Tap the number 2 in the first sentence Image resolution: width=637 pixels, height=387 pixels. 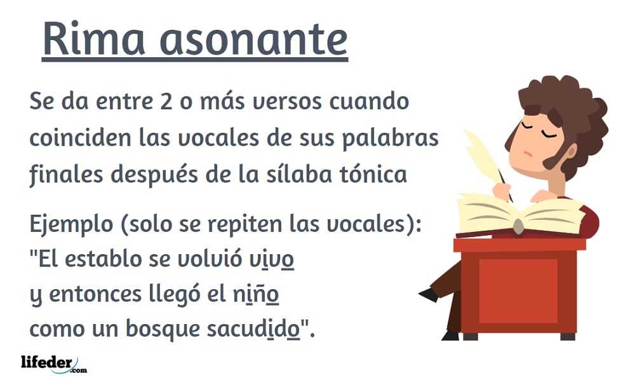pyautogui.click(x=166, y=102)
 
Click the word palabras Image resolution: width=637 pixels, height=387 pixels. pyautogui.click(x=390, y=139)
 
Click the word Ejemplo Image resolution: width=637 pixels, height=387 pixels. pyautogui.click(x=72, y=225)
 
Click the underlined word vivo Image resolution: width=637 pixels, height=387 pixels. pyautogui.click(x=271, y=259)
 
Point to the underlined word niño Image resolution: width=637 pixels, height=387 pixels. pyautogui.click(x=256, y=294)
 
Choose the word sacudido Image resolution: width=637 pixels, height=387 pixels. pyautogui.click(x=253, y=329)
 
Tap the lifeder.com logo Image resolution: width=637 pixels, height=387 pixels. pyautogui.click(x=54, y=363)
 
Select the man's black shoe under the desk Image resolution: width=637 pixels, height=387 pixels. pyautogui.click(x=429, y=294)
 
